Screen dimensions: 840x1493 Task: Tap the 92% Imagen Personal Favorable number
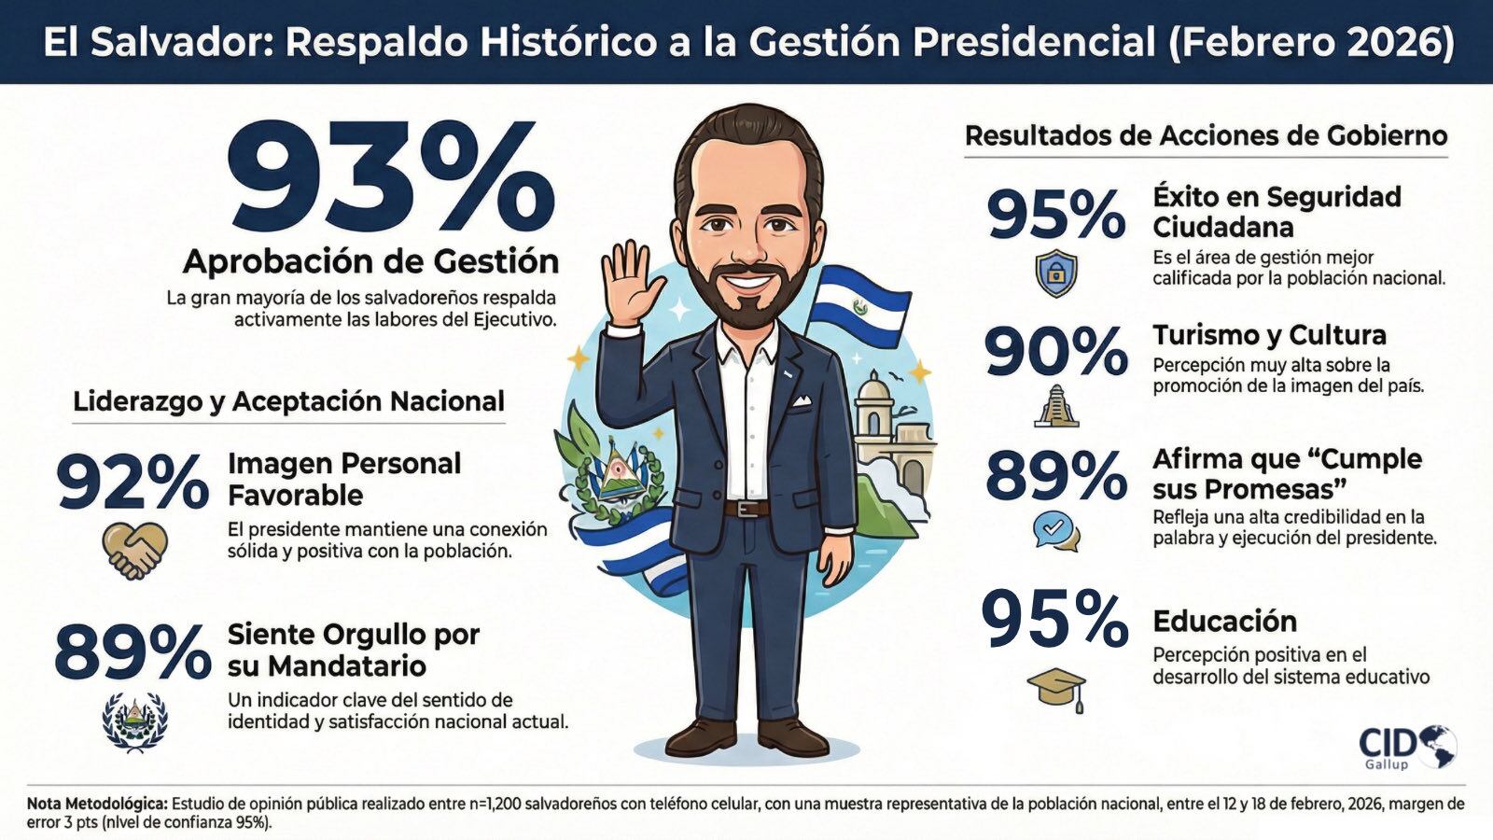pos(133,482)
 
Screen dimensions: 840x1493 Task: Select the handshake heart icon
pos(134,550)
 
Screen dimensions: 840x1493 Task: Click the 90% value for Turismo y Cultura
pos(1055,352)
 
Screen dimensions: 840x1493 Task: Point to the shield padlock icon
pos(1056,273)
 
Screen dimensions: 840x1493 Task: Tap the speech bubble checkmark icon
pos(1055,530)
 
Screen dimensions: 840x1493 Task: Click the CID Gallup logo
pos(1407,748)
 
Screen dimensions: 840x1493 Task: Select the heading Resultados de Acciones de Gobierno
pos(1206,136)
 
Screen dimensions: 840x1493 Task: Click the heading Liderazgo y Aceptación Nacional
pos(288,401)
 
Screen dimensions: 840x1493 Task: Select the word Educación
pos(1224,622)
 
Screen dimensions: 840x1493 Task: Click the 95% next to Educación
pos(1054,620)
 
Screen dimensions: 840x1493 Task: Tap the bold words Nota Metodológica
pos(97,804)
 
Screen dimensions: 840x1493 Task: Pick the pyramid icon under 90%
pos(1056,407)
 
